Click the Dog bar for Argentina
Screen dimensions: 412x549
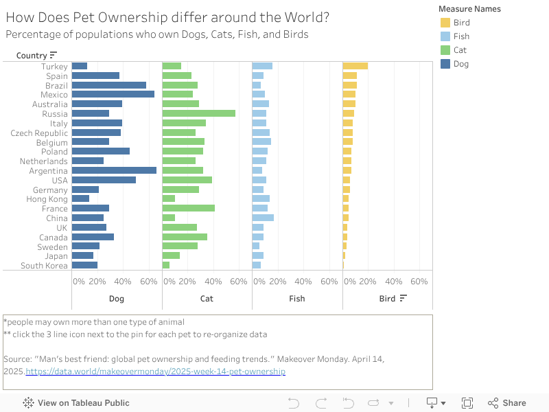pos(114,170)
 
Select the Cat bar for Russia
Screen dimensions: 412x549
pos(199,113)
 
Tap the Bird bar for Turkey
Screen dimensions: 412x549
pos(355,66)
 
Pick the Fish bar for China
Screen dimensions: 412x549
pos(263,218)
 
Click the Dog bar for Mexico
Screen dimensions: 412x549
pos(113,94)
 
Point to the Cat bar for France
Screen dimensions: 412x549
pos(189,208)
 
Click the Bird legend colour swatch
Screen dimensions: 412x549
pos(445,23)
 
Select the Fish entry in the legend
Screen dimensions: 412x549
pos(461,36)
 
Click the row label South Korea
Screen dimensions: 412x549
pos(44,266)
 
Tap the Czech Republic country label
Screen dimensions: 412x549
pos(39,133)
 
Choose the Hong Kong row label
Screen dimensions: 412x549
pos(47,199)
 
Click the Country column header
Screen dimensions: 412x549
pos(32,55)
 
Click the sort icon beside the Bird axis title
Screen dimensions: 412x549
pos(404,298)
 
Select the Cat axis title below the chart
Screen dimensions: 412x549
pos(207,299)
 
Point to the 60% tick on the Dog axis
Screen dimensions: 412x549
pos(149,282)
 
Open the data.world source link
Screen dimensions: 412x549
pos(156,371)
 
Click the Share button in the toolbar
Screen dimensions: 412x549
pos(507,403)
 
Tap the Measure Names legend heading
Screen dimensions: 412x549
pos(470,9)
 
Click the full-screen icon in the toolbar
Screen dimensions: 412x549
pos(467,403)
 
